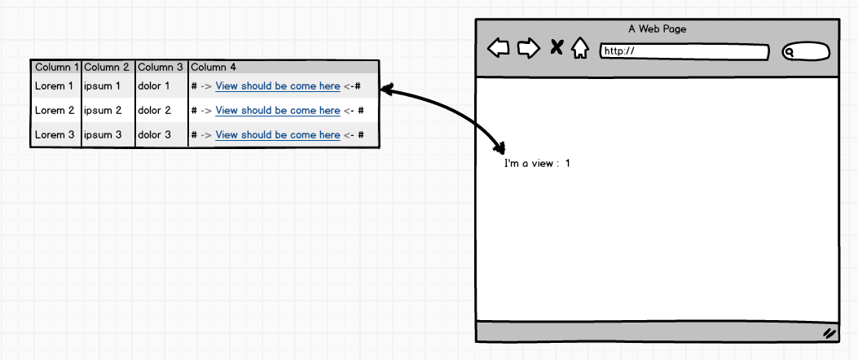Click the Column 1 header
tap(56, 68)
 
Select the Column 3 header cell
tap(161, 68)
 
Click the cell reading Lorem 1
tap(54, 86)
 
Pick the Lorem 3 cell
tap(54, 134)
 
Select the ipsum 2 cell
tap(103, 111)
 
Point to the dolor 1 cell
tap(154, 86)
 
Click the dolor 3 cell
tap(154, 134)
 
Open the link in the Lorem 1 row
tap(278, 86)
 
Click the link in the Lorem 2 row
tap(278, 111)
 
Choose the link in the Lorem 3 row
tap(278, 135)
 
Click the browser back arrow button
tap(499, 47)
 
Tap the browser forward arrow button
tap(529, 48)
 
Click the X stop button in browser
tap(557, 47)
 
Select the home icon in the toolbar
tap(580, 48)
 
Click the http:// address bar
tap(684, 52)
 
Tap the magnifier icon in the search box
tap(790, 52)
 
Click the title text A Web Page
tap(658, 29)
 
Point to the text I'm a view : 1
tap(537, 164)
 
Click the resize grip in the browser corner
tap(829, 333)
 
